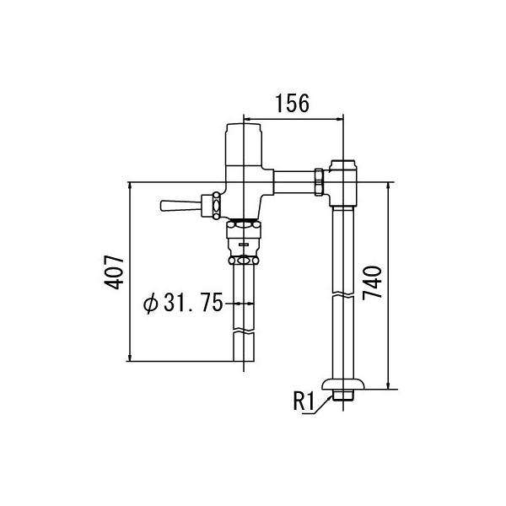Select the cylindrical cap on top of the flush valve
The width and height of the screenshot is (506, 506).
click(x=244, y=139)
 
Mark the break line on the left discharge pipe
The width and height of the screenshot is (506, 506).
click(x=243, y=334)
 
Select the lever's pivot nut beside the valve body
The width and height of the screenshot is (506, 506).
click(x=217, y=204)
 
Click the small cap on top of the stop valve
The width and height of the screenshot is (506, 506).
click(x=342, y=163)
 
